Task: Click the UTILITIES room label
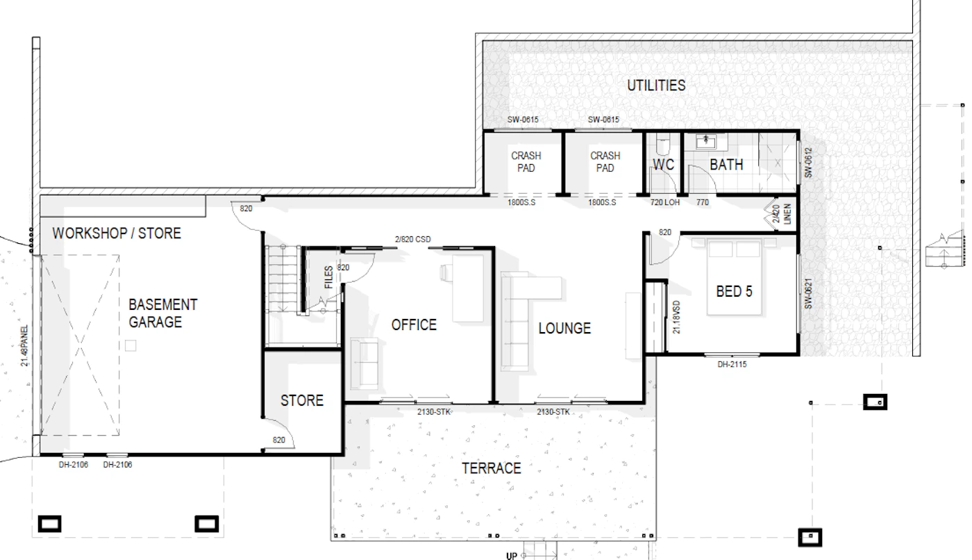[x=656, y=85]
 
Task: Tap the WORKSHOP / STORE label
[x=117, y=233]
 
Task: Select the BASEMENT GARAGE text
[x=162, y=313]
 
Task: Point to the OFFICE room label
[x=414, y=324]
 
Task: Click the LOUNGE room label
[x=564, y=328]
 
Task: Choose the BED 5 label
[x=735, y=291]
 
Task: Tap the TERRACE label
[x=492, y=468]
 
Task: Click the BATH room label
[x=726, y=165]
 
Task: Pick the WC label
[x=664, y=165]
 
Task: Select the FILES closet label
[x=328, y=277]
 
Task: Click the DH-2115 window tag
[x=732, y=364]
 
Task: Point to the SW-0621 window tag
[x=808, y=293]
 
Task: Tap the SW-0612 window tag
[x=808, y=163]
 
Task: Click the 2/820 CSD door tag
[x=412, y=239]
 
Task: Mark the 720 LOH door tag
[x=665, y=202]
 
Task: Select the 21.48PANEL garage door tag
[x=24, y=345]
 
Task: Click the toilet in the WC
[x=663, y=145]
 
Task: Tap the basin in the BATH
[x=706, y=141]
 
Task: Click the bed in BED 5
[x=735, y=277]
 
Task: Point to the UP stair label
[x=512, y=556]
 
